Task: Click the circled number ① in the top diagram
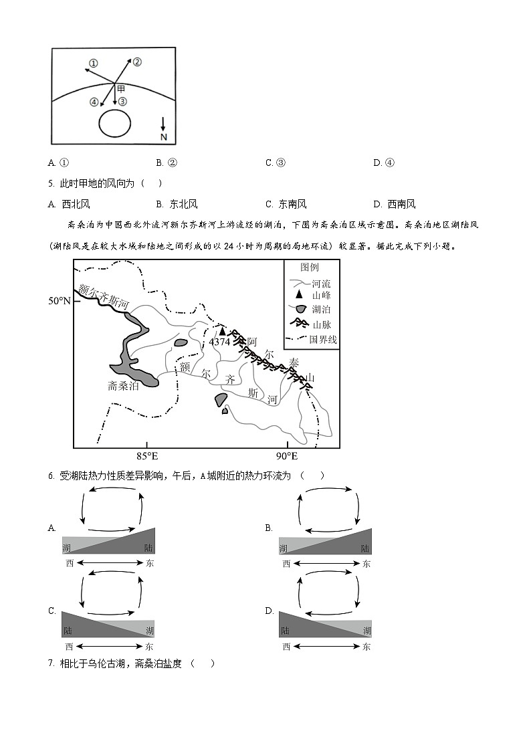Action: tap(94, 63)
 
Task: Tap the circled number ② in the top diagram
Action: tap(137, 62)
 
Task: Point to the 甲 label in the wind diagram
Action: tap(120, 88)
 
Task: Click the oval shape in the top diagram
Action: tap(114, 124)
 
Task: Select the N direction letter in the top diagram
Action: tap(163, 136)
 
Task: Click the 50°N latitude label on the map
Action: tap(59, 301)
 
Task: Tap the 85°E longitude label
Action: tap(147, 457)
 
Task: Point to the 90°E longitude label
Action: tap(287, 457)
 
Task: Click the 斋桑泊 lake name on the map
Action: tap(124, 386)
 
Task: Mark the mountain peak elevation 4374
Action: tap(219, 342)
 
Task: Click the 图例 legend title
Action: tap(310, 267)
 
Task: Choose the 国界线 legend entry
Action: tap(323, 339)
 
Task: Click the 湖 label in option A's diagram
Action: tap(67, 548)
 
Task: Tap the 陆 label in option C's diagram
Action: tap(68, 631)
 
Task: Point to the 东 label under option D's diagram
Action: tap(366, 647)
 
